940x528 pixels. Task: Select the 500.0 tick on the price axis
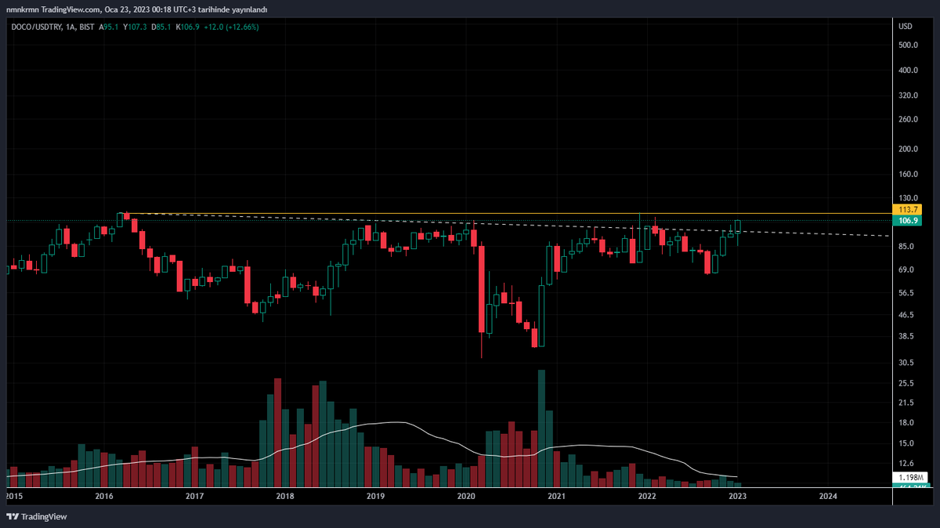click(908, 45)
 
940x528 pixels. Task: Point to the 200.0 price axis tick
click(908, 149)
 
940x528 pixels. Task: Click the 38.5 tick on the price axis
click(906, 337)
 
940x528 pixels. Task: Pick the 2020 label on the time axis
click(466, 496)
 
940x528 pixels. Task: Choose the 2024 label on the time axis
click(827, 496)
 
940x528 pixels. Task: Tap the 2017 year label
click(195, 496)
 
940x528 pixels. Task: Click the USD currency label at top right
click(906, 27)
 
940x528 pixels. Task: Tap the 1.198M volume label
click(908, 477)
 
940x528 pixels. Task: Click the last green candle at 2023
click(738, 227)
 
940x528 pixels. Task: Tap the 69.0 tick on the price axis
click(906, 270)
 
